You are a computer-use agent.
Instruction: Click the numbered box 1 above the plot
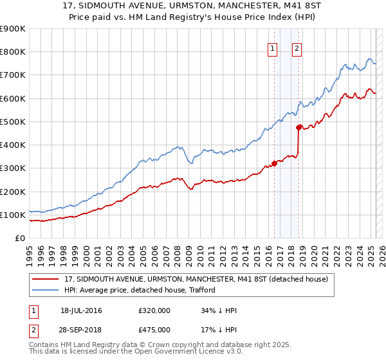(x=272, y=48)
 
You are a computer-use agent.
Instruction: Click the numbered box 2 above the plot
(x=297, y=48)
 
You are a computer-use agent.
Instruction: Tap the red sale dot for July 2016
(x=274, y=163)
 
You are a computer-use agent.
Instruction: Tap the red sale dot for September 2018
(x=299, y=127)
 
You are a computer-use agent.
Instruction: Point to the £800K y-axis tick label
(x=14, y=52)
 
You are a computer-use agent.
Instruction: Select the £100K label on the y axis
(x=14, y=215)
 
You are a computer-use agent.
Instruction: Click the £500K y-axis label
(x=14, y=122)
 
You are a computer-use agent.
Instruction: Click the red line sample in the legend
(x=47, y=279)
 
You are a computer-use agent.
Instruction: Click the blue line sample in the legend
(x=47, y=290)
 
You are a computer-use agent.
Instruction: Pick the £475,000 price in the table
(x=154, y=330)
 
